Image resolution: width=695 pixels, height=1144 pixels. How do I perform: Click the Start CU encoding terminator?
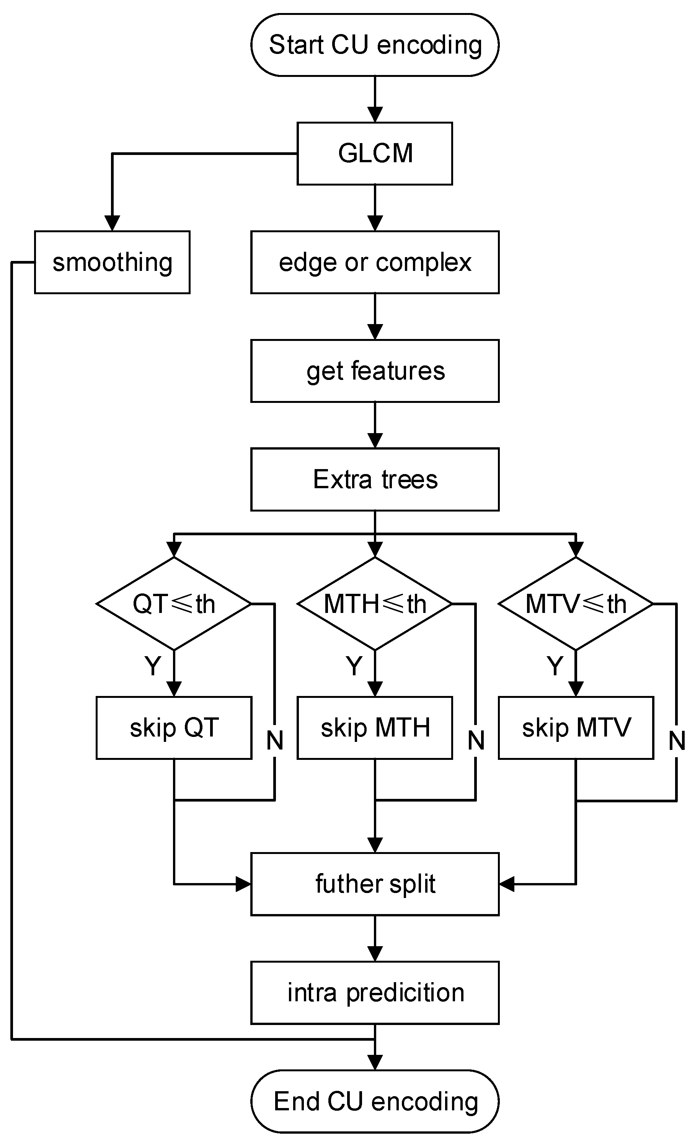tap(375, 45)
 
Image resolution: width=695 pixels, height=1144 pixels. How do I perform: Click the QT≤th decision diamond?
tap(174, 604)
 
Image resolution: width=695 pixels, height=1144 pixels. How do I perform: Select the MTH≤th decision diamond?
tap(375, 604)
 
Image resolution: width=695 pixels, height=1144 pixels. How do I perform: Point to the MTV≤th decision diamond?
tap(576, 604)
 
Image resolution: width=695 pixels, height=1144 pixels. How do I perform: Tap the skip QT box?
tap(174, 728)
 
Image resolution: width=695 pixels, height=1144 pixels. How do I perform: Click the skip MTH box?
tap(375, 728)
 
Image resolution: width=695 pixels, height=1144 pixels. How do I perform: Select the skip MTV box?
tap(576, 728)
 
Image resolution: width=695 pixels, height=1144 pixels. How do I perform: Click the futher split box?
tap(375, 883)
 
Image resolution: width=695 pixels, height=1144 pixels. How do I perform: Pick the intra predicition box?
tap(375, 992)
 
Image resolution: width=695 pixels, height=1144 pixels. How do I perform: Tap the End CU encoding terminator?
tap(375, 1101)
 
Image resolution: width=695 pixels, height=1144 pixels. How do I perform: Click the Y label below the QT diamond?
tap(152, 666)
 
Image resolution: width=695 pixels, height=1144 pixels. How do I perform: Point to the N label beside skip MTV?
tap(676, 740)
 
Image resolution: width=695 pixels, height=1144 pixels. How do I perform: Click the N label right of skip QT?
tap(274, 740)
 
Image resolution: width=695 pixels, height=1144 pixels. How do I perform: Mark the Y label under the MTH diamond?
tap(354, 666)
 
